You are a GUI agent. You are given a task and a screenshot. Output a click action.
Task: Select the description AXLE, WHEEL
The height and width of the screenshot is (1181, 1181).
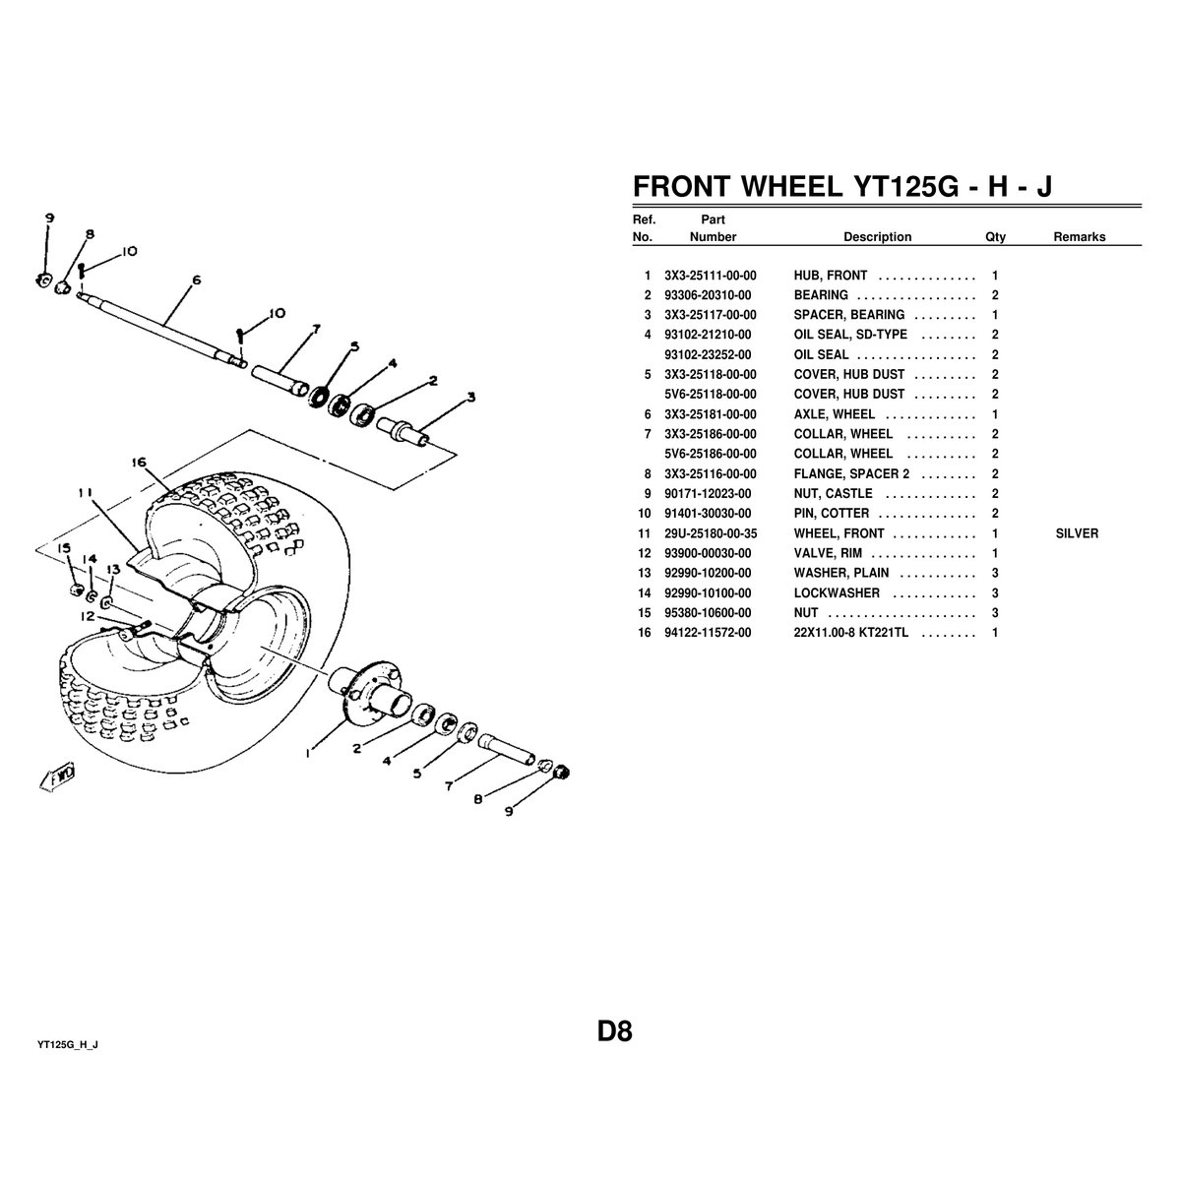click(834, 414)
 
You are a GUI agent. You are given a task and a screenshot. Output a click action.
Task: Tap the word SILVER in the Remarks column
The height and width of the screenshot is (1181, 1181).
click(1076, 533)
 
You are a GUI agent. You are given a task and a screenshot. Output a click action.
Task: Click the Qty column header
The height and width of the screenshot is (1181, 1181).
click(995, 237)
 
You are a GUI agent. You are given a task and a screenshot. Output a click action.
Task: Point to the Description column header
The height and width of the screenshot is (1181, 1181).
click(877, 237)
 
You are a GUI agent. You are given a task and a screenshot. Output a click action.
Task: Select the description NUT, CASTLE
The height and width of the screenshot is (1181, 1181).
click(833, 494)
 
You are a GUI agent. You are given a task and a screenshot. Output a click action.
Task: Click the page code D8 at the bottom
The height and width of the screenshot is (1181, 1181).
click(614, 1031)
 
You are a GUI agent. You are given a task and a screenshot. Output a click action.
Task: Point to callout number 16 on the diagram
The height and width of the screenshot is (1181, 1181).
click(138, 462)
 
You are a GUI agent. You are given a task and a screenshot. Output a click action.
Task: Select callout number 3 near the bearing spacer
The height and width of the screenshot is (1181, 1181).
click(470, 398)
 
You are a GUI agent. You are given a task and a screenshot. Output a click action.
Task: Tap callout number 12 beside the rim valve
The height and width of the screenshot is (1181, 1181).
click(87, 617)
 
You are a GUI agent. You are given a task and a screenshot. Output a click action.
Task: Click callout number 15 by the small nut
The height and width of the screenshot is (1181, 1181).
click(63, 548)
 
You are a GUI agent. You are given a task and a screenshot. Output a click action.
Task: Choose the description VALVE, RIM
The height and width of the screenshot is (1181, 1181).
click(828, 553)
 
